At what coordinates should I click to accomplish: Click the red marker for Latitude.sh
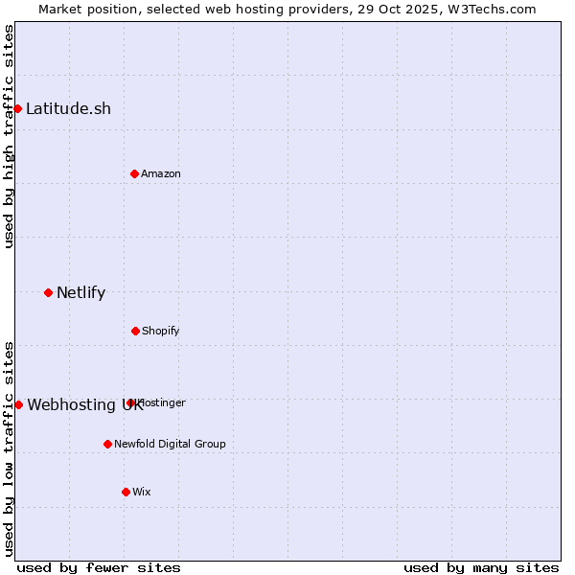tap(17, 108)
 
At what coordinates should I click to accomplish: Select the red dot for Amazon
tap(134, 173)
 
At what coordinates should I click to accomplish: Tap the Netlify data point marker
tap(48, 292)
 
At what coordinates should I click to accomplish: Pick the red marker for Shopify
tap(135, 331)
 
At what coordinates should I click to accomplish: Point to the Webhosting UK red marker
tap(18, 404)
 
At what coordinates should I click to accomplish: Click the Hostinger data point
tap(130, 402)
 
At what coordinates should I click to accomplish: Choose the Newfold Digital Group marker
tap(107, 444)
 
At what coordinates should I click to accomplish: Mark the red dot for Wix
tap(126, 492)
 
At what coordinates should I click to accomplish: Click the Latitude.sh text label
tap(68, 108)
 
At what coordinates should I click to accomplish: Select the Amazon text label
tap(161, 173)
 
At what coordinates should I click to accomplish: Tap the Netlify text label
tap(80, 292)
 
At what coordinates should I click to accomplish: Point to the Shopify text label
tap(161, 331)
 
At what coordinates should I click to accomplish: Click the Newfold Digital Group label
tap(170, 444)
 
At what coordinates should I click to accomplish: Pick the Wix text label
tap(142, 492)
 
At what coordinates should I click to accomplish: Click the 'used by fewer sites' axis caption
tap(99, 567)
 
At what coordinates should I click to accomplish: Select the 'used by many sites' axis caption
tap(481, 567)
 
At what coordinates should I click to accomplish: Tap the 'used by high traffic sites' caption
tap(9, 136)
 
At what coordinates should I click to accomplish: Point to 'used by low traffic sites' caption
tap(9, 448)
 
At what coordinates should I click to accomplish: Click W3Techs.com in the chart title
tap(493, 9)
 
